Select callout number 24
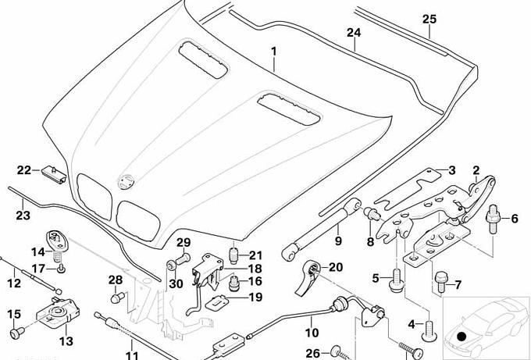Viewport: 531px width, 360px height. [x=354, y=33]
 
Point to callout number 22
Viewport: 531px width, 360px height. [x=23, y=170]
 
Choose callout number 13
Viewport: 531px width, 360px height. [x=66, y=340]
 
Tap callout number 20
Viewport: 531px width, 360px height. [x=336, y=267]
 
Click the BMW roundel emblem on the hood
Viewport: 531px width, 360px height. [x=123, y=181]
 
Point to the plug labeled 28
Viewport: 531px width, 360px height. [x=117, y=296]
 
